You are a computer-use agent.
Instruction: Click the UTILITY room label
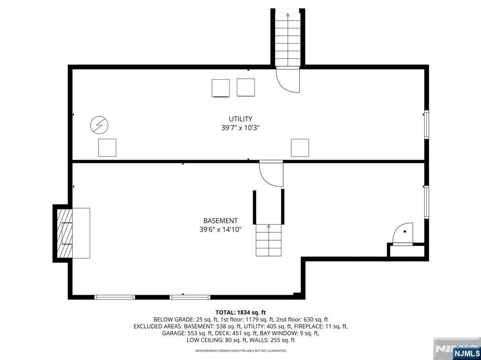click(x=240, y=119)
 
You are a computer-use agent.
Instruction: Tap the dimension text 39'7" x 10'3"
click(x=240, y=128)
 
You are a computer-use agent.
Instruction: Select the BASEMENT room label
click(x=220, y=221)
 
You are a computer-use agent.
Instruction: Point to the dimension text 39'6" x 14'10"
click(x=220, y=230)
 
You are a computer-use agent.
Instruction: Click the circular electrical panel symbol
click(x=99, y=125)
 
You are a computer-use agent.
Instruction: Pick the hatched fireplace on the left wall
click(x=64, y=233)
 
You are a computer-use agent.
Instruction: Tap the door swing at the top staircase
click(x=287, y=80)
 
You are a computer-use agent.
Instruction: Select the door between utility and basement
click(x=272, y=174)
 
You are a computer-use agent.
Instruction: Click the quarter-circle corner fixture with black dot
click(x=403, y=233)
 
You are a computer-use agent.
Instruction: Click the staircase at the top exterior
click(x=287, y=38)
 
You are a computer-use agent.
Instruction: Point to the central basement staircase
click(x=269, y=240)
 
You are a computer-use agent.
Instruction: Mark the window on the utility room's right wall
click(x=426, y=124)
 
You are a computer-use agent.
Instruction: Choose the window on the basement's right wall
click(x=426, y=202)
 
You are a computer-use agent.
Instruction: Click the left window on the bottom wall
click(x=115, y=297)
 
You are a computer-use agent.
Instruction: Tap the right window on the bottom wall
click(x=190, y=297)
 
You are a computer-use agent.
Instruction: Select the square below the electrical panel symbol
click(x=107, y=147)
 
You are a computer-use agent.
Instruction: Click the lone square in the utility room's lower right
click(x=300, y=147)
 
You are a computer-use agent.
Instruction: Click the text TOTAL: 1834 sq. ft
click(x=240, y=312)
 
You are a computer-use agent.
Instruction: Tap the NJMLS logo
click(x=466, y=353)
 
